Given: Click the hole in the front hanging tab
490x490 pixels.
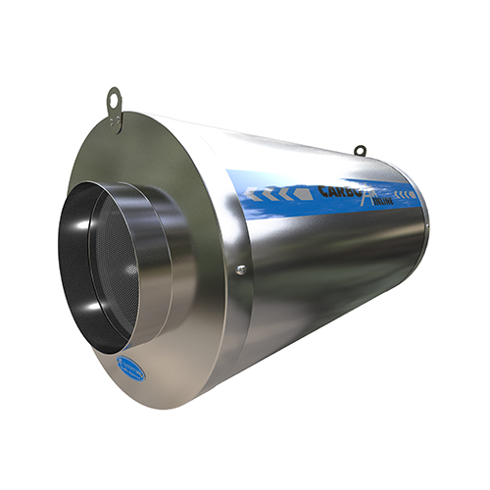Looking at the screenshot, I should coord(116,98).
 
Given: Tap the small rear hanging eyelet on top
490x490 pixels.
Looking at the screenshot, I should coord(360,150).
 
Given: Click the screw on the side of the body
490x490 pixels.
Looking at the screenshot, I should coord(241,267).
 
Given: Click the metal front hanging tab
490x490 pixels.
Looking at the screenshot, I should coord(116,106).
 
